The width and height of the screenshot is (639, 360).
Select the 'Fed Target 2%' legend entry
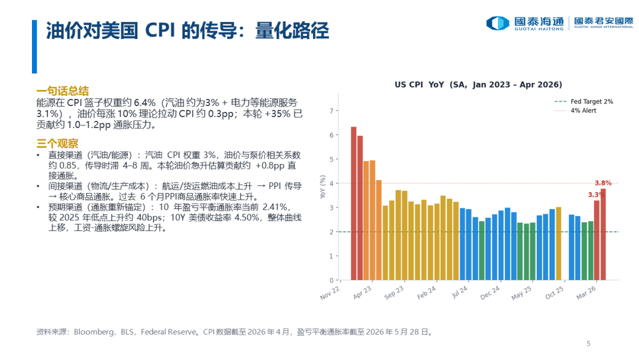point(583,101)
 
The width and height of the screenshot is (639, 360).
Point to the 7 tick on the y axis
point(331,111)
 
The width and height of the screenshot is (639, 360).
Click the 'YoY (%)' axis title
point(323,187)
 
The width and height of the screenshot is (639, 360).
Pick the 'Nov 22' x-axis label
point(330,293)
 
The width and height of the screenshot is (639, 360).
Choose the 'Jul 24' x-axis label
point(460,292)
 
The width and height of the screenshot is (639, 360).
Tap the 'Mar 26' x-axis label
point(586,292)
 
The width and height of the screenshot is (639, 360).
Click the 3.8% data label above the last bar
point(603,183)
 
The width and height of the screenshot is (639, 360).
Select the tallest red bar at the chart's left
point(354,204)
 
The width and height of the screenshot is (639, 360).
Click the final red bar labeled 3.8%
point(603,234)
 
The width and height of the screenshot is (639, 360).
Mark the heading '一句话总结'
point(62,91)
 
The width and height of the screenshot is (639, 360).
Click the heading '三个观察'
point(57,143)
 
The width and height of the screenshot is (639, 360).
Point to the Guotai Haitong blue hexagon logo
point(498,23)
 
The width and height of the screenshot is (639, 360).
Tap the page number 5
point(588,343)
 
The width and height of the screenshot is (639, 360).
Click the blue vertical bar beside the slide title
point(35,47)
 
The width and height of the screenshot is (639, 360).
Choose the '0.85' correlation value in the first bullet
point(67,166)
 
